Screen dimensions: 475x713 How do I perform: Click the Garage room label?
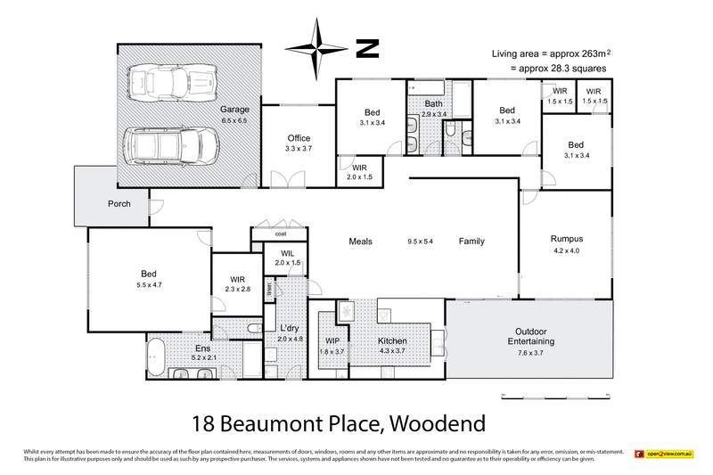pos(234,110)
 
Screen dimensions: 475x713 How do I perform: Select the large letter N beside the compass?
pos(367,48)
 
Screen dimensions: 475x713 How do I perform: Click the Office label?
pos(299,138)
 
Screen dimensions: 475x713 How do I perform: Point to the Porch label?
pos(119,203)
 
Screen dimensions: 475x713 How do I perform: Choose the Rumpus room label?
pos(566,238)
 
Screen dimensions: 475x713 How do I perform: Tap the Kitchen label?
pos(392,341)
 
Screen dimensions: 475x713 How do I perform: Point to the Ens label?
pos(202,348)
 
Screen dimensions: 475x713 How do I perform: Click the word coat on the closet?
pos(280,234)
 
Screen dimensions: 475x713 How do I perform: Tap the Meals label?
pos(360,242)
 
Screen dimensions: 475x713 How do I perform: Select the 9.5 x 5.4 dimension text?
pos(420,242)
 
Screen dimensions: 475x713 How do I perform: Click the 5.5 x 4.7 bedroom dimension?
pos(151,284)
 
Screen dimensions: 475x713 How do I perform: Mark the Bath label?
pos(433,104)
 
